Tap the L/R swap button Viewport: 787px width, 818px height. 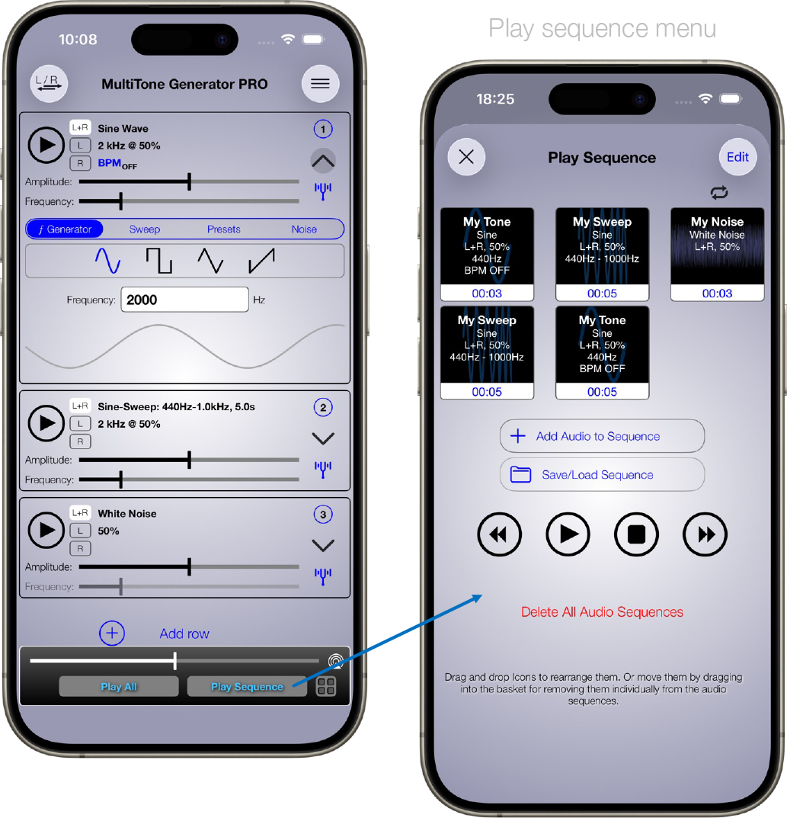coord(49,83)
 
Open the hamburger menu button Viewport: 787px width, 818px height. coord(320,83)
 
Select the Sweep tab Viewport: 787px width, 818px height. coord(144,229)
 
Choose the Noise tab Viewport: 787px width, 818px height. coord(304,229)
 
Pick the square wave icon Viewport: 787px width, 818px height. coord(159,260)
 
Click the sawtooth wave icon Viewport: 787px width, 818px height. coord(261,260)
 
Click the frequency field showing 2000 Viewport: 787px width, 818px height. coord(184,300)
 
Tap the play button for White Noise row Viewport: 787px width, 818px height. coord(46,530)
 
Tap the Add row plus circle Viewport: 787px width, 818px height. coord(111,633)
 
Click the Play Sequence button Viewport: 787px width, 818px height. coord(247,687)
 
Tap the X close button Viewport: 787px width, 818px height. coord(466,156)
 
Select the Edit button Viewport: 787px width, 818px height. coord(737,156)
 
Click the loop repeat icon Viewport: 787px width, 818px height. coord(718,193)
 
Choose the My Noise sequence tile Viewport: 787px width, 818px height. coord(717,254)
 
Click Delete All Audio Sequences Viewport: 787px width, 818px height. coord(602,612)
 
